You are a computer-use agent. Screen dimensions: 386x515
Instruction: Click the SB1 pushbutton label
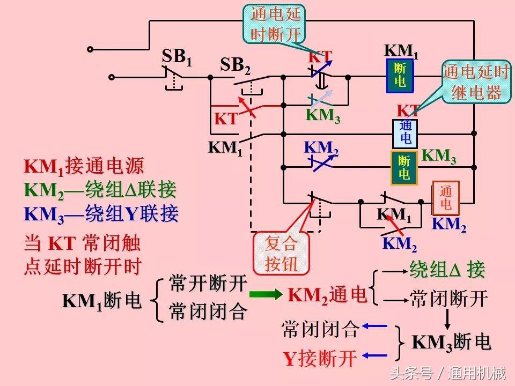(x=176, y=57)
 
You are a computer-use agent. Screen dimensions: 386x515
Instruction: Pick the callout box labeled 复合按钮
(x=281, y=253)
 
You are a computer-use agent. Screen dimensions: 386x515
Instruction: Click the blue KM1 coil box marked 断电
(x=400, y=75)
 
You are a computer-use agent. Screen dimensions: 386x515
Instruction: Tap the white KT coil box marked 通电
(x=406, y=132)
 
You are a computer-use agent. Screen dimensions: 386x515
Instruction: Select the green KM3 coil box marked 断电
(x=404, y=168)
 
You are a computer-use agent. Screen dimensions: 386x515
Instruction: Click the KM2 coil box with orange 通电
(x=446, y=198)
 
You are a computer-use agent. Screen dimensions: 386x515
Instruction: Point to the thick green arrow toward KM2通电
(x=267, y=294)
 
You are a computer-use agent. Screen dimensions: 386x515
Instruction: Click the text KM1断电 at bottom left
(x=101, y=301)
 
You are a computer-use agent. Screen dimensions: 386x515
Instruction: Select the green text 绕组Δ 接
(x=447, y=270)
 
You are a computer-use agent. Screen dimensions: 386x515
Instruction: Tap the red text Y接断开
(x=320, y=359)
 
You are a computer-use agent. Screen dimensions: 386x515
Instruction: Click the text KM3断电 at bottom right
(x=451, y=342)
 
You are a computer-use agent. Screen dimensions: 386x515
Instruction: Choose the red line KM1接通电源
(x=84, y=167)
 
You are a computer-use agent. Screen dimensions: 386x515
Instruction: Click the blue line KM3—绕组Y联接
(x=101, y=214)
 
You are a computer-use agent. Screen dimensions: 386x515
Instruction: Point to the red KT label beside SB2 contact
(x=226, y=119)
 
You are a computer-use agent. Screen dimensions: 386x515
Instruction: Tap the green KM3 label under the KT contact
(x=323, y=116)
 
